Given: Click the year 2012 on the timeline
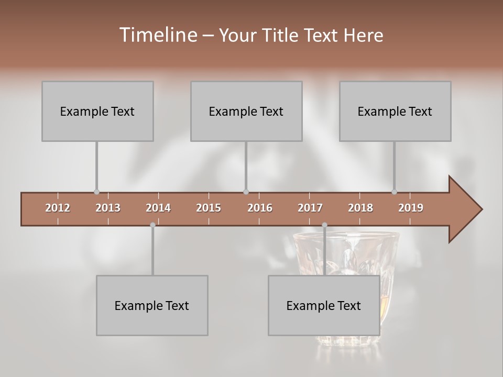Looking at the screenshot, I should pos(58,208).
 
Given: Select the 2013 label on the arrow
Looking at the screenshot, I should pos(108,208).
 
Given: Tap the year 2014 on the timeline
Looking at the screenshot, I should pos(158,208).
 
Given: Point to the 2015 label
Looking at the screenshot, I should pos(209,208).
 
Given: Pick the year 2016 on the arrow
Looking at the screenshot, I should pos(260,208).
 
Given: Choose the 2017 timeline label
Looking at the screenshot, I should pos(310,208).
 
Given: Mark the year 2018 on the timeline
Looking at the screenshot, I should pos(360,208).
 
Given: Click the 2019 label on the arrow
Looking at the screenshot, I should pos(411,208).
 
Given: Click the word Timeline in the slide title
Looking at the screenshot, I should pos(158,35).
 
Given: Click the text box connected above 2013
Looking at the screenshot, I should pos(97,111).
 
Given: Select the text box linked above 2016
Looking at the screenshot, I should pos(246,111).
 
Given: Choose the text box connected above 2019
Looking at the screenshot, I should pos(395,111).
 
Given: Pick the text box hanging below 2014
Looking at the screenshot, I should pos(152,305).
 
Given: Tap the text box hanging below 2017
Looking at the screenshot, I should pos(324,305).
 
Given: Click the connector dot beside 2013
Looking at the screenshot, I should pos(96,192).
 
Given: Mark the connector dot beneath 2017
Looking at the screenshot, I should pos(324,225).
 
